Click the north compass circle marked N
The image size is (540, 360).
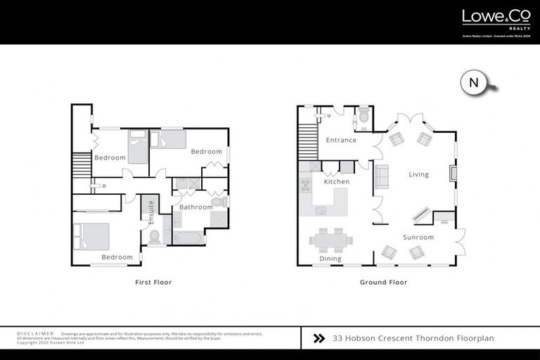473,82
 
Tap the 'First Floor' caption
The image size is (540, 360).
153,282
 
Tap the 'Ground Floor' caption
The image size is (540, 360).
383,282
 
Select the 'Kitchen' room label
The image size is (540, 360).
336,182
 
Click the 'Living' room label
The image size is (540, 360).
418,174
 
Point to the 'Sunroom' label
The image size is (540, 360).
418,238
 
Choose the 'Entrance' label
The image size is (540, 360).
341,140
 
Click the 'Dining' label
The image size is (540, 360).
330,259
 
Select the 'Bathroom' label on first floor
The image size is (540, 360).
195,207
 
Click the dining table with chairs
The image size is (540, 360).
331,240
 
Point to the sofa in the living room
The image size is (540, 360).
382,176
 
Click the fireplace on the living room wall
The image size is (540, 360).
453,173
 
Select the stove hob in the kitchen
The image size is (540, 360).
307,185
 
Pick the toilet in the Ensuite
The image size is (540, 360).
154,236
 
